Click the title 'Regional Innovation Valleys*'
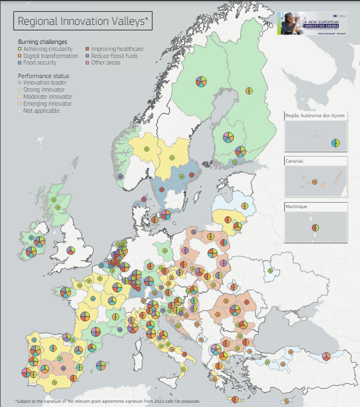click(83, 21)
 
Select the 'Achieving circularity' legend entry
click(43, 49)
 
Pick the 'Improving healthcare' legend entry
click(113, 49)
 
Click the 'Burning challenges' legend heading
click(42, 42)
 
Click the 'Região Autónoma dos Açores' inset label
click(315, 116)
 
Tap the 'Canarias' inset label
click(296, 161)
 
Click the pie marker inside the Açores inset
click(336, 143)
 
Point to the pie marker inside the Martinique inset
click(315, 228)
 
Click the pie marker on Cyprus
click(326, 356)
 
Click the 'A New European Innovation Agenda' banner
click(312, 23)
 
